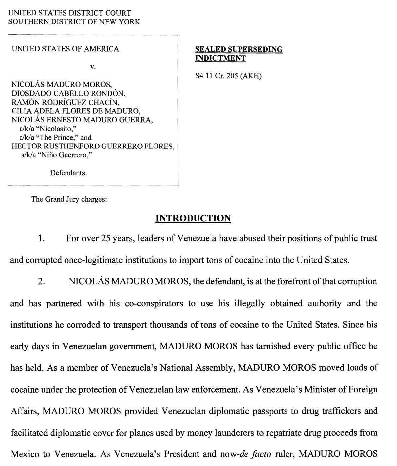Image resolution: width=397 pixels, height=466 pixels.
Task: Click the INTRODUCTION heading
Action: tap(193, 218)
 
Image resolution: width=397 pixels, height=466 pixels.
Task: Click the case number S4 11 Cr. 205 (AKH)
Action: tap(228, 76)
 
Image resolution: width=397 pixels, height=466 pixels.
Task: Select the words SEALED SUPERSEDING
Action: tap(239, 49)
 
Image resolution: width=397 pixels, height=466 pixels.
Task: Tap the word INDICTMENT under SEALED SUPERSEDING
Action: tap(220, 58)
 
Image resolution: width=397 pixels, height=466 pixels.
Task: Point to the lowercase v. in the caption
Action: tap(93, 67)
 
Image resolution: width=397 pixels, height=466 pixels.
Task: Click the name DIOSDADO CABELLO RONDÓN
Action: tap(68, 93)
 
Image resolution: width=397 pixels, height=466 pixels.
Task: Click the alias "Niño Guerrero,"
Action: tap(56, 155)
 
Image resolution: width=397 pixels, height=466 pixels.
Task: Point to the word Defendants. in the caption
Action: tap(68, 173)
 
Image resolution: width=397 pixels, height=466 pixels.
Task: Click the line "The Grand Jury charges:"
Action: tap(69, 199)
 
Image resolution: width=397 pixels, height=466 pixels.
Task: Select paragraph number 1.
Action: tap(41, 238)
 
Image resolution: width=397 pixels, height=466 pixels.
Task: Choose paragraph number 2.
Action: tap(41, 282)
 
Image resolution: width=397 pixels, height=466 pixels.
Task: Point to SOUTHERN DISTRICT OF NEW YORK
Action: tap(74, 22)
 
